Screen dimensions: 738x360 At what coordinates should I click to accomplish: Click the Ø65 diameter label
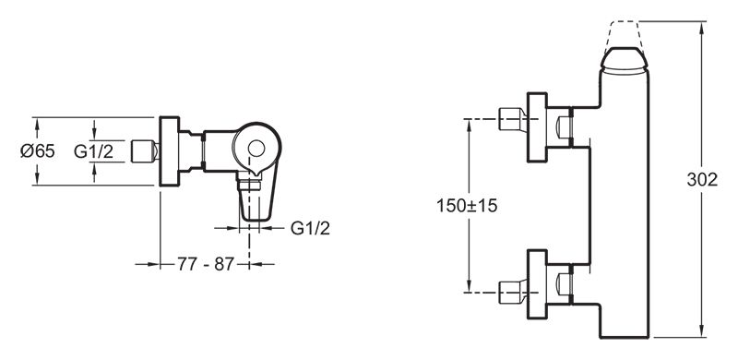[38, 151]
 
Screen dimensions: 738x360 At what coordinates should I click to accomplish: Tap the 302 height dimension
[702, 179]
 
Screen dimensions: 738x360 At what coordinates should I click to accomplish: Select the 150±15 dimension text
[467, 206]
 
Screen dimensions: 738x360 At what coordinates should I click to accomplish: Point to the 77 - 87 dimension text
[205, 264]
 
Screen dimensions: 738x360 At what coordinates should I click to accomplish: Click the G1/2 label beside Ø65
[94, 151]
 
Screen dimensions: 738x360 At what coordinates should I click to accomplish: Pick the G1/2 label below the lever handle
[310, 229]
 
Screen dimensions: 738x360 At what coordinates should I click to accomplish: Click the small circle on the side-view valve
[256, 149]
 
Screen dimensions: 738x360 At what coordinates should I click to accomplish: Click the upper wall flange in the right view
[537, 127]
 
